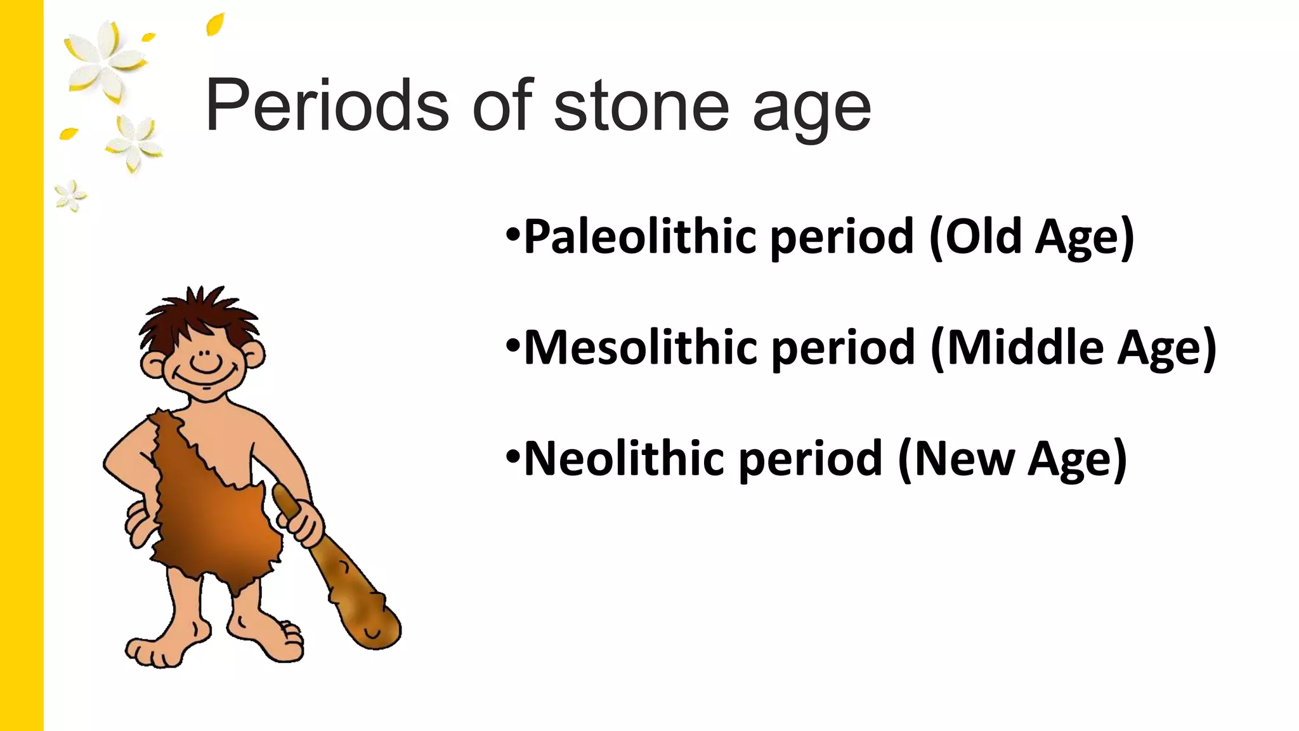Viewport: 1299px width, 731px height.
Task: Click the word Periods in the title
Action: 327,105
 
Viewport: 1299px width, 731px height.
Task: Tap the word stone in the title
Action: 641,107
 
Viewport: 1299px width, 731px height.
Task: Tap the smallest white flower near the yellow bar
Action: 70,195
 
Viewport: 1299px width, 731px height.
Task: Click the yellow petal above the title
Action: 215,25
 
